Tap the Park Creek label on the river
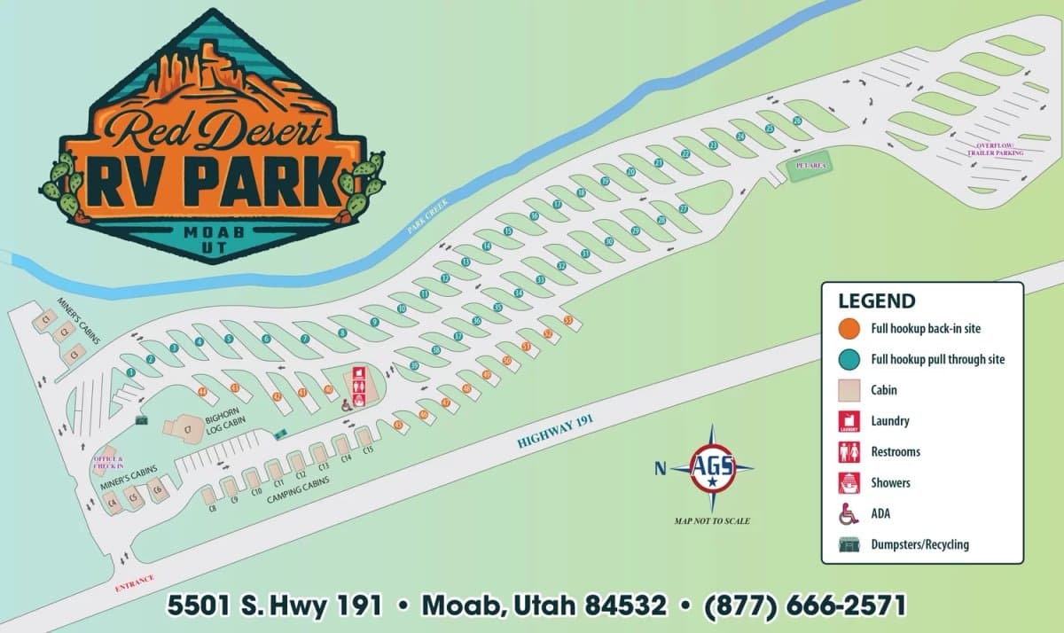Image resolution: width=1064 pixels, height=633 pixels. tap(428, 215)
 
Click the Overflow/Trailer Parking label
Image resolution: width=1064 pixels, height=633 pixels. tap(999, 149)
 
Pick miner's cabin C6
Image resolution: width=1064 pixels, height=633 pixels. tap(158, 488)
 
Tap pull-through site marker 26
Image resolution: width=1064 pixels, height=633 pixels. tap(797, 121)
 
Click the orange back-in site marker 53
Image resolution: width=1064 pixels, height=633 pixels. tap(568, 320)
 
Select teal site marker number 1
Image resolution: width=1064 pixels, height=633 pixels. tap(131, 373)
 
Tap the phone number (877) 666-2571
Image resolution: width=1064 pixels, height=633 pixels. tap(805, 606)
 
